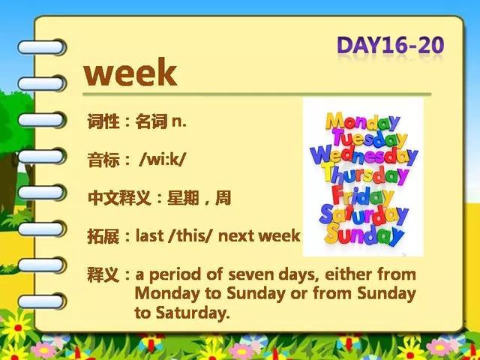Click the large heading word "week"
coord(130,72)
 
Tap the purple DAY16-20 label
coord(390,45)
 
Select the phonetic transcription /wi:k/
coord(162,160)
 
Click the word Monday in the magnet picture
coord(362,121)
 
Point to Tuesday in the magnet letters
coord(370,138)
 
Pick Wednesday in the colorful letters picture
coord(364,155)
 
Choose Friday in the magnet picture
coord(362,196)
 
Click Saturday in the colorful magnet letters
coord(364,215)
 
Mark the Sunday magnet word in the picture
coord(364,234)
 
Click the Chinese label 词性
coord(103,121)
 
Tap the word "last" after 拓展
coord(149,235)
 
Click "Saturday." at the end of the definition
coord(182,313)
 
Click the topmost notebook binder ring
coord(41,47)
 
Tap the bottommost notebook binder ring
coord(41,301)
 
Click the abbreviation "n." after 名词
coord(179,122)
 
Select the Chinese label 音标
coord(103,160)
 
